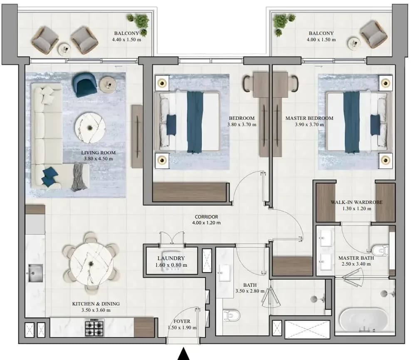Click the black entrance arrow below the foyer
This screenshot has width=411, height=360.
point(183,354)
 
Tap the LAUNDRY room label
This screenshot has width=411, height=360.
point(171,258)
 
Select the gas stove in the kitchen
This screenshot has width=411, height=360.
point(94,328)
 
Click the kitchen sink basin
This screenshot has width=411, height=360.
point(35,273)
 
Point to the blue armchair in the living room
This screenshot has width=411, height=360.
point(85,84)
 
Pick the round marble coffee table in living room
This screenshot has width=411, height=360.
point(90,128)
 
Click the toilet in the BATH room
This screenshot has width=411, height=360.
point(231,315)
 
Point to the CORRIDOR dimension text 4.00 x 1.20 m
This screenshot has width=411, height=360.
point(206,223)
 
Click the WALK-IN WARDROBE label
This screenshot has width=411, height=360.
point(357,202)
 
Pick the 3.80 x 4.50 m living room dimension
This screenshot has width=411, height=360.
point(98,159)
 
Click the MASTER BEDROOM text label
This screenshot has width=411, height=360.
point(309,118)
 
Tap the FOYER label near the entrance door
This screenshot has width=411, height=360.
point(182,321)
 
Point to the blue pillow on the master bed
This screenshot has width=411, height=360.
point(375,125)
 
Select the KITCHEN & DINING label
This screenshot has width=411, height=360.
point(96,304)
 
